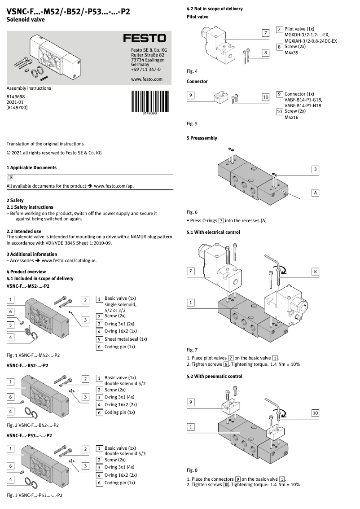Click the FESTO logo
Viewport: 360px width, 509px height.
(x=145, y=39)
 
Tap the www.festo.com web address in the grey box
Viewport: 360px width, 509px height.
(x=146, y=79)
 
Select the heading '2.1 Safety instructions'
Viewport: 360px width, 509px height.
(x=30, y=207)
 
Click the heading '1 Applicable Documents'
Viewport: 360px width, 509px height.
(x=31, y=167)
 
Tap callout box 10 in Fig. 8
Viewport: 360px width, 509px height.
(x=316, y=413)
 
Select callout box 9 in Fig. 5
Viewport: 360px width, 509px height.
(x=191, y=96)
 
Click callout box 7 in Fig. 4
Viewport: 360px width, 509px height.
(x=266, y=33)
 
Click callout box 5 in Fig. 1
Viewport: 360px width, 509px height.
(x=10, y=325)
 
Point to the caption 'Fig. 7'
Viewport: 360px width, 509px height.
(x=192, y=350)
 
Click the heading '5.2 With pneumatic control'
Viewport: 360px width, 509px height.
(x=214, y=376)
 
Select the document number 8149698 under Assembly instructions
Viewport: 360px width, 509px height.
(x=16, y=97)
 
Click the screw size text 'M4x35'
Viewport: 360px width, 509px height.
(x=291, y=53)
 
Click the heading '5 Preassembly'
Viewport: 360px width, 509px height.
(x=202, y=138)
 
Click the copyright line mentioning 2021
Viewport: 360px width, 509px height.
(x=54, y=153)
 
